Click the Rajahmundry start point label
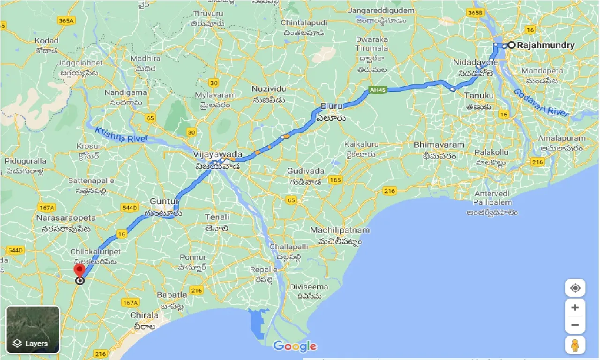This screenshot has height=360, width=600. pos(546,45)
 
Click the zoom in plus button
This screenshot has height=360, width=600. pos(575,308)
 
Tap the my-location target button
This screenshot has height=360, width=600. pos(575,287)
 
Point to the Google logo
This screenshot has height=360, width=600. pos(295,346)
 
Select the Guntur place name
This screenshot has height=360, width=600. pos(164,201)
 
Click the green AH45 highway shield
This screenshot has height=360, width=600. pos(377,90)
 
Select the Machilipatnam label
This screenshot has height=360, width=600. pos(340,230)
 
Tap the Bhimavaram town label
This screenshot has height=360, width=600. pos(439,145)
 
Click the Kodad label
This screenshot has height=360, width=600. pos(46,41)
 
